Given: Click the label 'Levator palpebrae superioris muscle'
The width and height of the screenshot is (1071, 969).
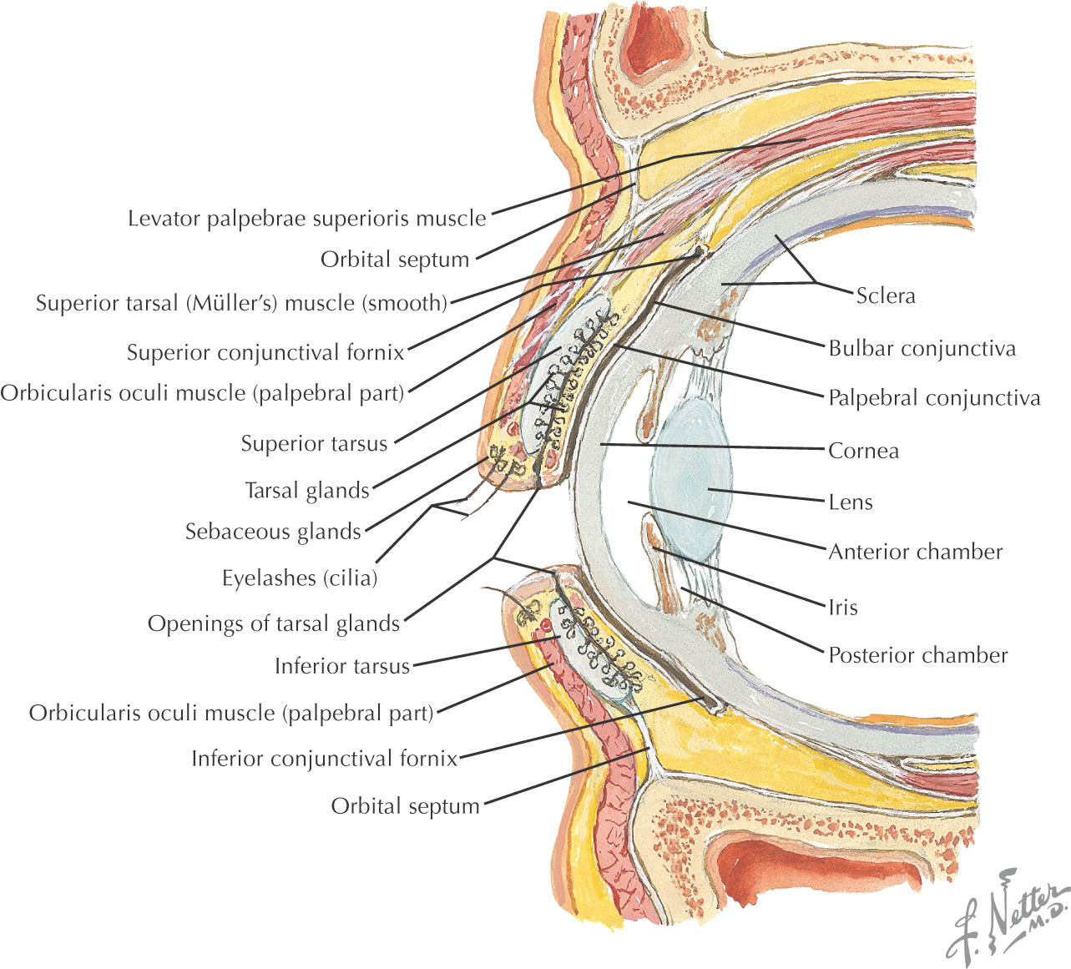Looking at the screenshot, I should (x=306, y=219).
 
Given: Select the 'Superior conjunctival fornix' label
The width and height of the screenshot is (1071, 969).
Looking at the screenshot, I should (x=265, y=353).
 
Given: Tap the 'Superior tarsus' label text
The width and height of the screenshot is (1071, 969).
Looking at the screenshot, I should (x=314, y=443).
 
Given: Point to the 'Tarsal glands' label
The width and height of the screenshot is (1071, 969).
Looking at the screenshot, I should (x=306, y=491).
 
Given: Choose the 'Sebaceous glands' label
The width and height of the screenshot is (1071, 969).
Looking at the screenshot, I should (x=273, y=532).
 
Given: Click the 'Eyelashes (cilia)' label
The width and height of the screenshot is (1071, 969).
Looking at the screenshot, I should (x=300, y=578).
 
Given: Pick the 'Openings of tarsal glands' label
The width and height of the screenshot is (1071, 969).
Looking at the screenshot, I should (x=274, y=623).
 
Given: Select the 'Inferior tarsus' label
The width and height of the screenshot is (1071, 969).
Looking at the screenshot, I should (x=342, y=666).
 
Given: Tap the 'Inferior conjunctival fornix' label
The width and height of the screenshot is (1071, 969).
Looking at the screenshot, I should (x=325, y=759).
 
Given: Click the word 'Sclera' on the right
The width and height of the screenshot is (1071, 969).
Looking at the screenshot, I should (x=886, y=295).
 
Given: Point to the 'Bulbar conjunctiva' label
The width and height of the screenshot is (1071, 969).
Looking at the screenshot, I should (x=922, y=348).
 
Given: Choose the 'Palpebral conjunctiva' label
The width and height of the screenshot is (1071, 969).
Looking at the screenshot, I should (x=934, y=398).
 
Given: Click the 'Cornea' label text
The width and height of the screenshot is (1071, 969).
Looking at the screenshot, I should (x=863, y=452).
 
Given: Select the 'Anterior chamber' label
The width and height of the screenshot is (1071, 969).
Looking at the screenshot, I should (x=915, y=552).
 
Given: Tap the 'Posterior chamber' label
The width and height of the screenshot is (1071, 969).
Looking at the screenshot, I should (x=917, y=655).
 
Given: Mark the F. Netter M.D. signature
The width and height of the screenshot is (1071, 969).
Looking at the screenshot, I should (x=1008, y=918).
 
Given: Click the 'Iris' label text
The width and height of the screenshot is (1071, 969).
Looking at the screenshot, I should (x=842, y=608).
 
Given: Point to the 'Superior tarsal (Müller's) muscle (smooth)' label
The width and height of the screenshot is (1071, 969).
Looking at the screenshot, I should (x=241, y=303).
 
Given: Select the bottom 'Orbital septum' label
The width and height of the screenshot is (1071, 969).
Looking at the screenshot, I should (x=405, y=806).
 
